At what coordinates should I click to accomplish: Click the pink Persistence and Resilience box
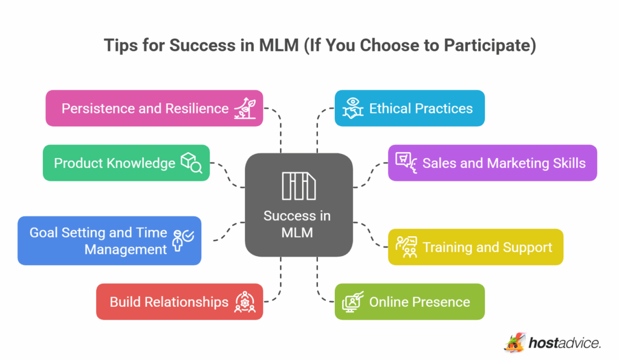(x=145, y=109)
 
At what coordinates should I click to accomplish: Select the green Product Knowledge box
(x=115, y=163)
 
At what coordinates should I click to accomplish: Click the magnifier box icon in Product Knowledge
(x=191, y=163)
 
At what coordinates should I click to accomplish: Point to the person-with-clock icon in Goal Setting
(x=183, y=240)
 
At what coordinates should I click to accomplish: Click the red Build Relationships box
(x=169, y=302)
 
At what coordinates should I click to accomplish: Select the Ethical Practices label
(x=421, y=109)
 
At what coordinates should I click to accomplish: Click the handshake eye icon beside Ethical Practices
(x=352, y=108)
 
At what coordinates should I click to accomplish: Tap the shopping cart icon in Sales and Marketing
(x=405, y=162)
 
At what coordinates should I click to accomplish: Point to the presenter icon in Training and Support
(x=406, y=246)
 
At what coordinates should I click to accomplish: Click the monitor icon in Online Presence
(x=352, y=302)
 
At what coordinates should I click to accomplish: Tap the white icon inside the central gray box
(x=298, y=185)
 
